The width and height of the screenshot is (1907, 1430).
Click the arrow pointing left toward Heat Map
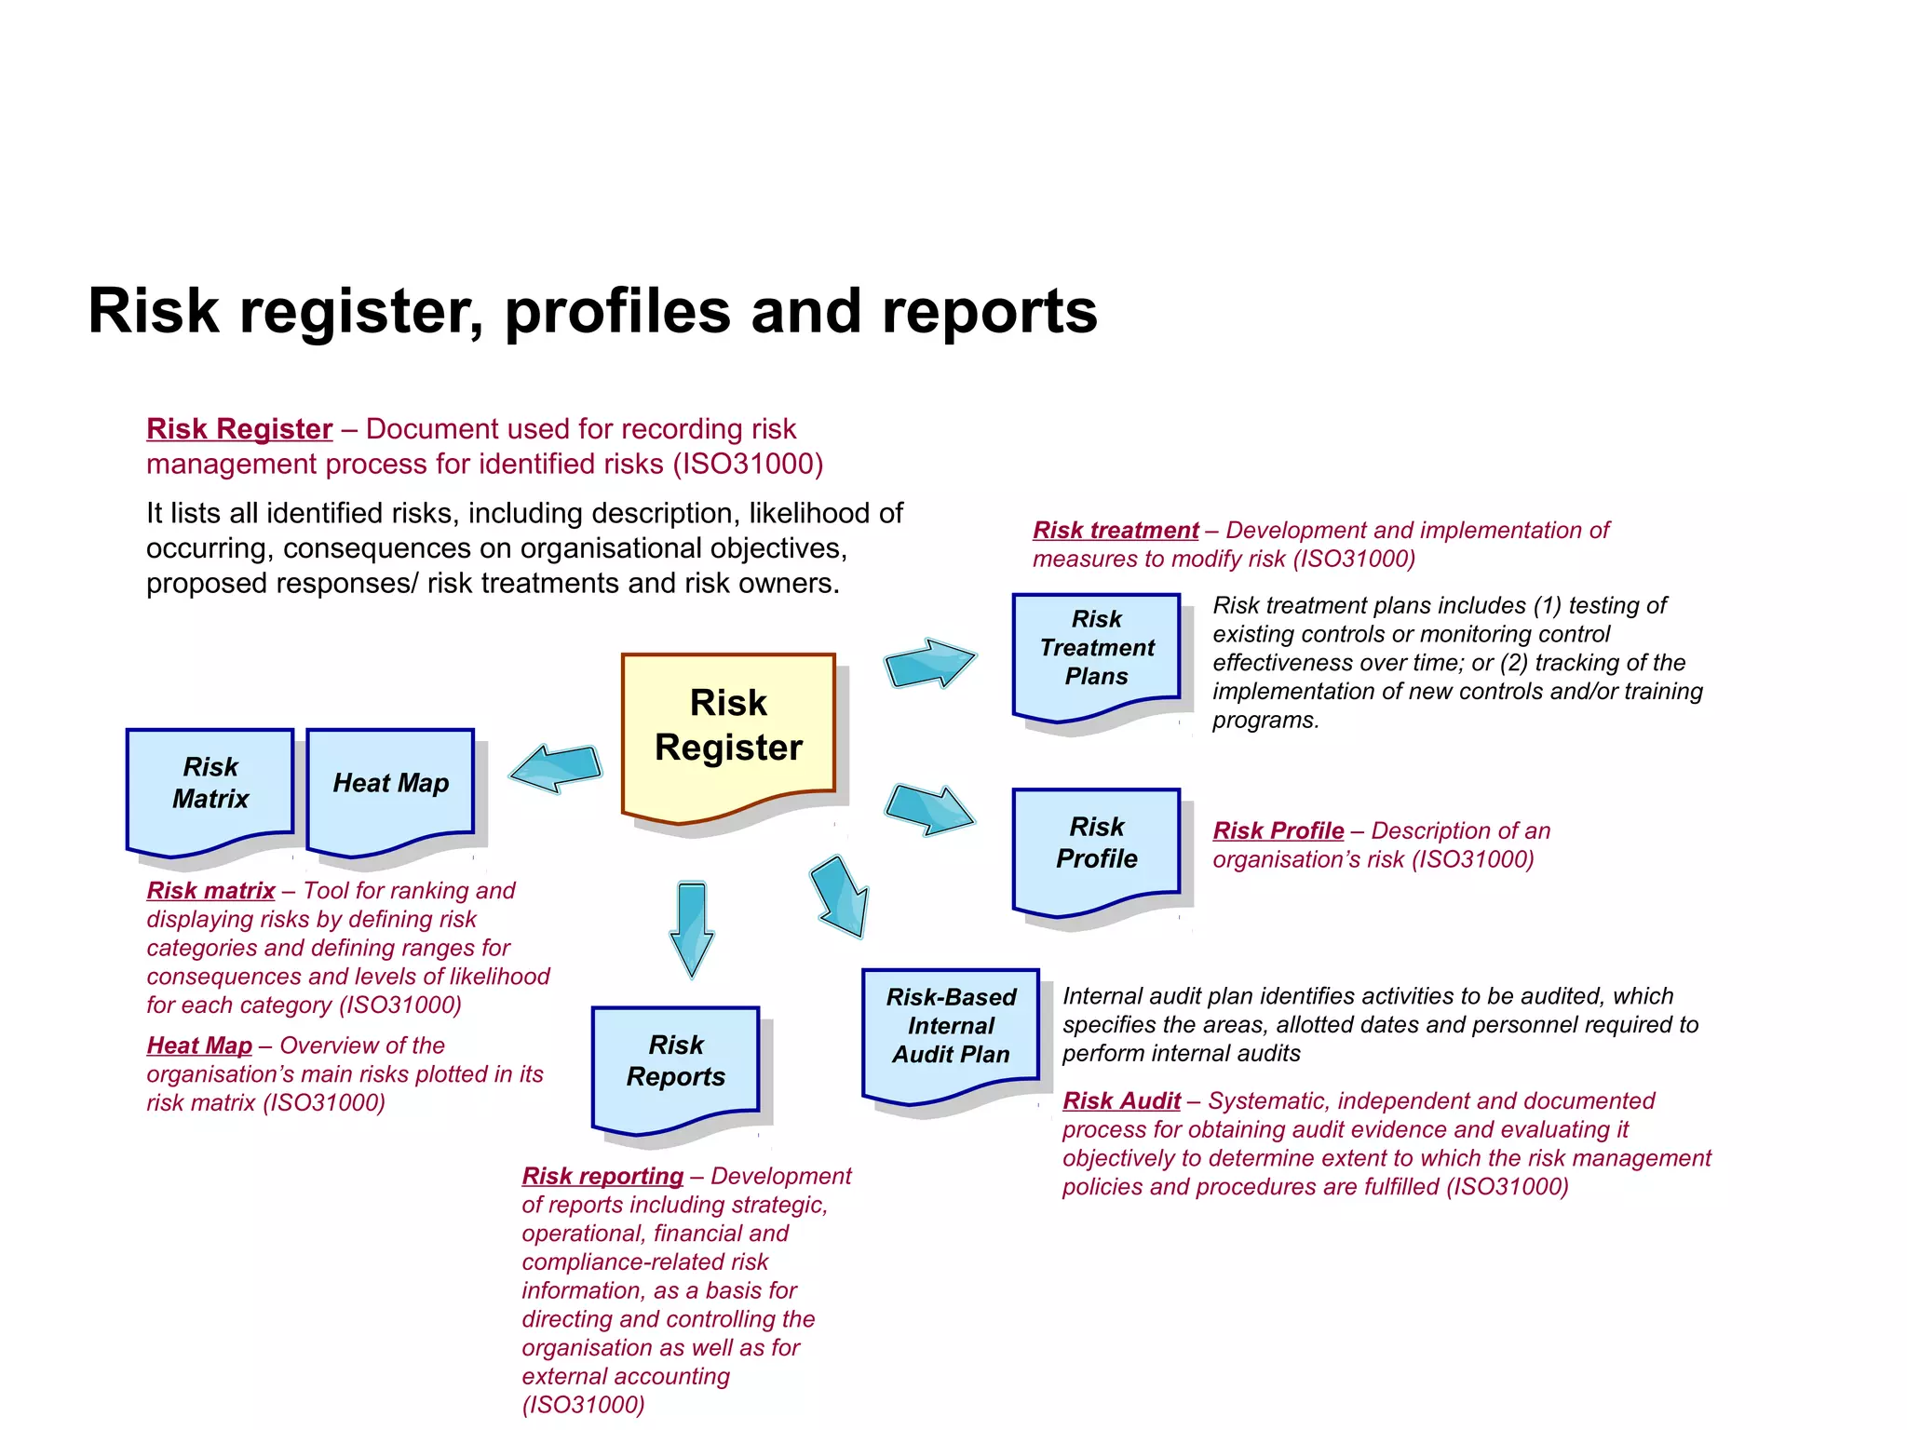(x=557, y=768)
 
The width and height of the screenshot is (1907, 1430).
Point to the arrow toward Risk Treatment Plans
(x=928, y=663)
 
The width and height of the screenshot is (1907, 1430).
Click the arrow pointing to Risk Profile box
(x=928, y=808)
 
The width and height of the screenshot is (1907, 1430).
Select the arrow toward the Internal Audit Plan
(x=841, y=897)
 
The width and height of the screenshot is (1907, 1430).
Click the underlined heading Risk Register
(x=239, y=429)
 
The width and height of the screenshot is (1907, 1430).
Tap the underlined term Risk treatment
(x=1116, y=531)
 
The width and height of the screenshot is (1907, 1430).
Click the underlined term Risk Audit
(x=1121, y=1101)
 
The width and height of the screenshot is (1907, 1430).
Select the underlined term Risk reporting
(x=602, y=1177)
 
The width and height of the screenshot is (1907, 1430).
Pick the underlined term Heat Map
(x=199, y=1046)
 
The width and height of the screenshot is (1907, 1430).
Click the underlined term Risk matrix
(x=210, y=891)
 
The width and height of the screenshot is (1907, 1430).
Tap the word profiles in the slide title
(x=617, y=311)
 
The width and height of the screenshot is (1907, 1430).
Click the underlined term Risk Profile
(x=1278, y=831)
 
